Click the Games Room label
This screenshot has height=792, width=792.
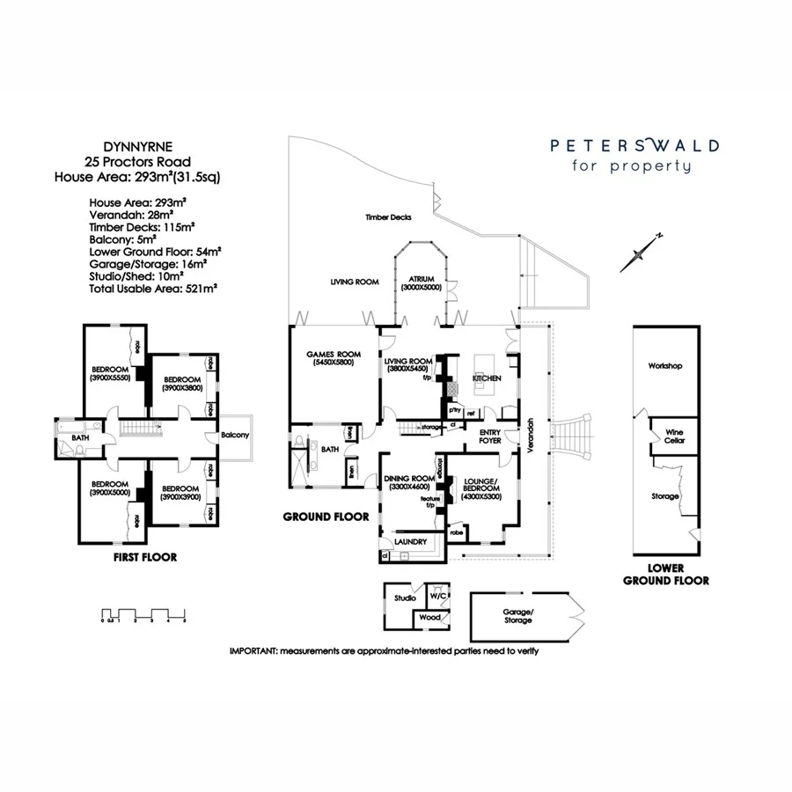point(324,357)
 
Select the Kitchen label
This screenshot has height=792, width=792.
point(487,378)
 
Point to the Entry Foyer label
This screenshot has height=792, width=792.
point(489,436)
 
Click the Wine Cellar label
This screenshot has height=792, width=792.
point(674,435)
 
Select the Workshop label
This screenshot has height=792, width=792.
point(665,365)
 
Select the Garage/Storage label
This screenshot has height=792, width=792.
point(517,615)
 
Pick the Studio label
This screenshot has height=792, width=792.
point(405,598)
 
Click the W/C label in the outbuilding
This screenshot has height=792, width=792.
point(437,596)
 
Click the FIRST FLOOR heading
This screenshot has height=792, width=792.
point(145,557)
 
